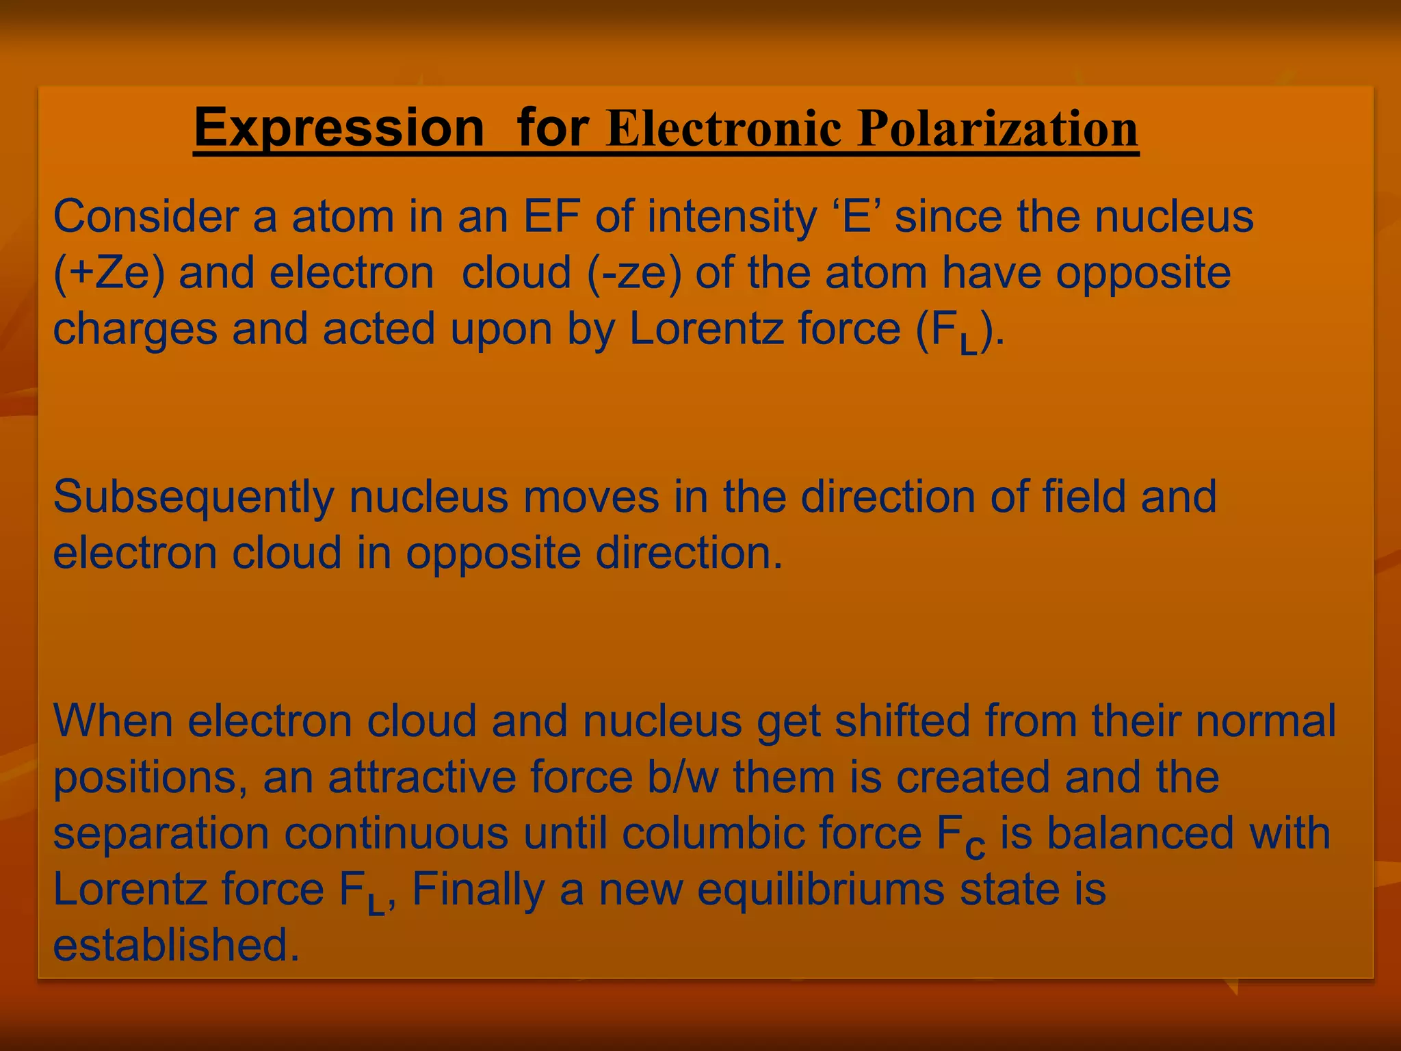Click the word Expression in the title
[339, 128]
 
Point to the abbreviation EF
[551, 217]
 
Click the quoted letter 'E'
[856, 217]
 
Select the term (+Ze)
[109, 273]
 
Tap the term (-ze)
[634, 273]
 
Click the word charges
[135, 329]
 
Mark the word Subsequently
[194, 497]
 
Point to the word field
[1084, 497]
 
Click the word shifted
[902, 721]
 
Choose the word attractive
[422, 777]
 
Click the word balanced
[1140, 833]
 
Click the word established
[176, 946]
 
